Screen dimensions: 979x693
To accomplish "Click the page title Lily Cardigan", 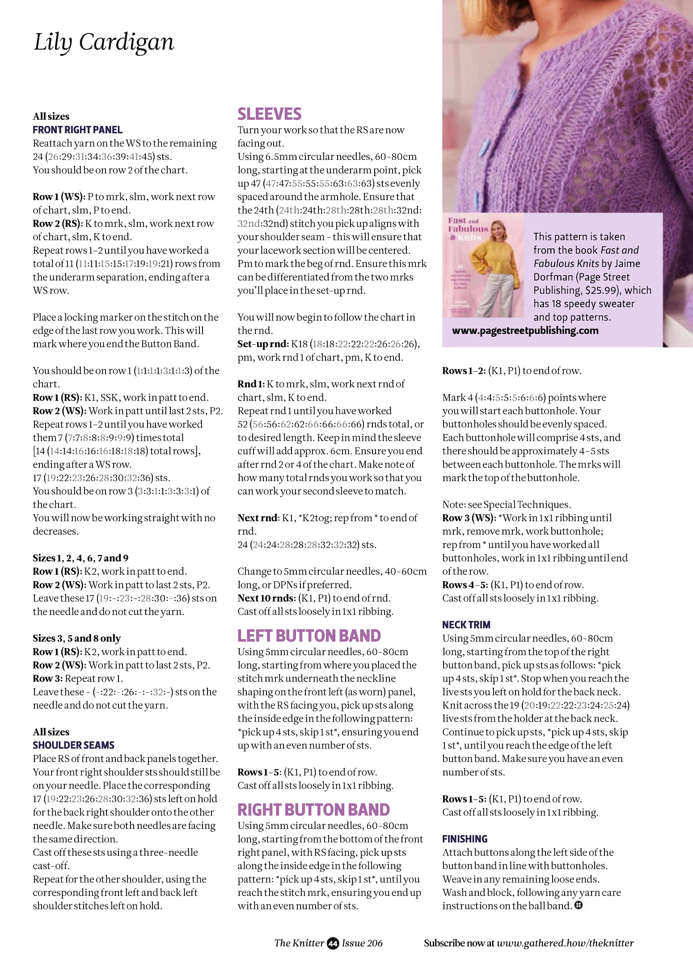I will pyautogui.click(x=103, y=42).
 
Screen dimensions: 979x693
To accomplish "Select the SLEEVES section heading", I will pyautogui.click(x=269, y=114).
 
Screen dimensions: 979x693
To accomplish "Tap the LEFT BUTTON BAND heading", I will pyautogui.click(x=309, y=636).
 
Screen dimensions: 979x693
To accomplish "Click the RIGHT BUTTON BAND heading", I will pyautogui.click(x=313, y=810).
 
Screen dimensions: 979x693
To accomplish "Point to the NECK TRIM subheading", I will pyautogui.click(x=466, y=625).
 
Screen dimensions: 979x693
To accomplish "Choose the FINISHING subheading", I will pyautogui.click(x=465, y=839).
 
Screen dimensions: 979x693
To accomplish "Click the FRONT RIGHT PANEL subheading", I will pyautogui.click(x=77, y=130).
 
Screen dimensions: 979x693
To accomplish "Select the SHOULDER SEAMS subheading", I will pyautogui.click(x=73, y=745).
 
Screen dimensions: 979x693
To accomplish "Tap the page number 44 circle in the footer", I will pyautogui.click(x=333, y=943).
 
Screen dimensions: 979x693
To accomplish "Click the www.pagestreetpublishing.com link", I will pyautogui.click(x=525, y=331).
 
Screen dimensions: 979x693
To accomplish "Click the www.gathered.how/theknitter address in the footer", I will pyautogui.click(x=565, y=943).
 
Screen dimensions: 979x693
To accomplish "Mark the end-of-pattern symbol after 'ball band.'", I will pyautogui.click(x=578, y=905).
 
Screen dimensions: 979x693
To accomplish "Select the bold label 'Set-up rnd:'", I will pyautogui.click(x=263, y=344).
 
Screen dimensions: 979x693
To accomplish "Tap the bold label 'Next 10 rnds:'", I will pyautogui.click(x=266, y=598).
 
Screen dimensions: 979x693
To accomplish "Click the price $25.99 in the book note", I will pyautogui.click(x=601, y=290).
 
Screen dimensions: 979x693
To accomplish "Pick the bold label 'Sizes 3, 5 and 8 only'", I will pyautogui.click(x=76, y=638).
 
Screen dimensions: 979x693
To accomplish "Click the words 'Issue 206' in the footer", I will pyautogui.click(x=362, y=943).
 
